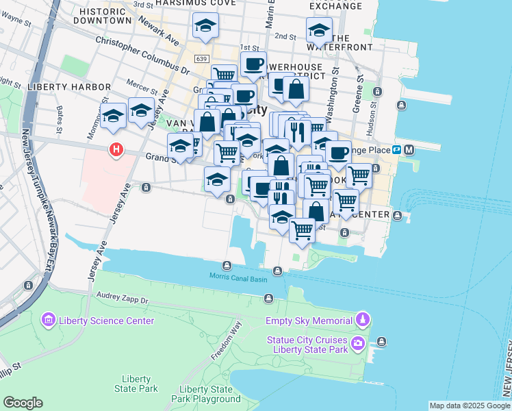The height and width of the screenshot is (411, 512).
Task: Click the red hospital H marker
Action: tap(117, 149)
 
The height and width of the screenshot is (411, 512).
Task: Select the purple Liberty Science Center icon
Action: tap(48, 320)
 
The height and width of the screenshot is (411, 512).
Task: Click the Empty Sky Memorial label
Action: tap(309, 321)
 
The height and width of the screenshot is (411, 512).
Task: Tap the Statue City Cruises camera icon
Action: tap(357, 342)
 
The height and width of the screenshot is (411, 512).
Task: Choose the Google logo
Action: tap(23, 403)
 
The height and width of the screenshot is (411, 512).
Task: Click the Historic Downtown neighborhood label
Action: tap(105, 16)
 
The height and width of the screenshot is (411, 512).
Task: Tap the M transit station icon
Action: tap(409, 150)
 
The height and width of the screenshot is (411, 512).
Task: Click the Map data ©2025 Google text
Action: tap(469, 406)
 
